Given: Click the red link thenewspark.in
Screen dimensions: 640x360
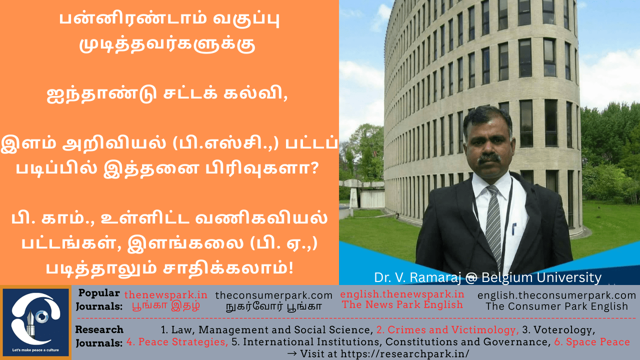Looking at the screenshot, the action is click(165, 294).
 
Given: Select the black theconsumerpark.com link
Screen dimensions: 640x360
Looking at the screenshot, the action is click(273, 295).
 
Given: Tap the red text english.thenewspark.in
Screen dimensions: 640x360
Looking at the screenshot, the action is click(402, 294).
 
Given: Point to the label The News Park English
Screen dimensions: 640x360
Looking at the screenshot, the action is click(402, 304).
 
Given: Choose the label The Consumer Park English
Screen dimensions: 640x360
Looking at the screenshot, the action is click(557, 306).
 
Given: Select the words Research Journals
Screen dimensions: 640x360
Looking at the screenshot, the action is click(99, 336).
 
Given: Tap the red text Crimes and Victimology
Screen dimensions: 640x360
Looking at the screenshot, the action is click(447, 330).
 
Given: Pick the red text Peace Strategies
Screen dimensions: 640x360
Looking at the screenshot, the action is click(177, 342).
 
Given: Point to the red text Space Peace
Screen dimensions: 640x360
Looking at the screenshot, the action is click(592, 342).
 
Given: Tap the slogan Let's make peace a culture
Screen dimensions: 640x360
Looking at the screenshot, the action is click(35, 350).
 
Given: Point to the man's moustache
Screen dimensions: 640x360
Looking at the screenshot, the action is click(489, 158).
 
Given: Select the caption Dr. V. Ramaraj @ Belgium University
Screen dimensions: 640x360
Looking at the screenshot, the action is click(487, 277).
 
